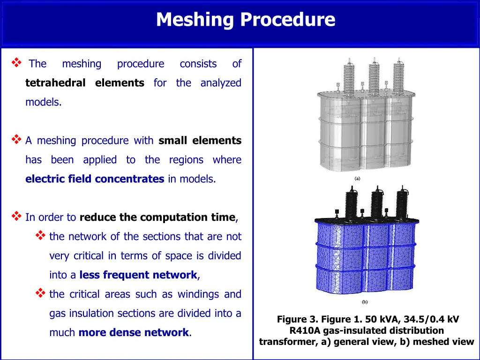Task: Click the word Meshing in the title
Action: [x=195, y=20]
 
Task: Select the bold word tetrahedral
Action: [x=55, y=82]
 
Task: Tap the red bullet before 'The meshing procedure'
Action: [x=16, y=63]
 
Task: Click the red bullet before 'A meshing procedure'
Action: [x=16, y=139]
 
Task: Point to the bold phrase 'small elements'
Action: [x=200, y=140]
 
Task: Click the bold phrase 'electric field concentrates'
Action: [x=95, y=179]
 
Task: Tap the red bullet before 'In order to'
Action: [x=16, y=216]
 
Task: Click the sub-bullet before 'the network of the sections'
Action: [x=40, y=235]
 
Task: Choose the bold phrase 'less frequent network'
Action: [x=138, y=275]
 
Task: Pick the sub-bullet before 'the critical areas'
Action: [x=40, y=293]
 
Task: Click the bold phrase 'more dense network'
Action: [x=134, y=332]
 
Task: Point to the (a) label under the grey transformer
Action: [x=357, y=179]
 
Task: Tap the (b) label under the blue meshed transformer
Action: [x=365, y=302]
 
